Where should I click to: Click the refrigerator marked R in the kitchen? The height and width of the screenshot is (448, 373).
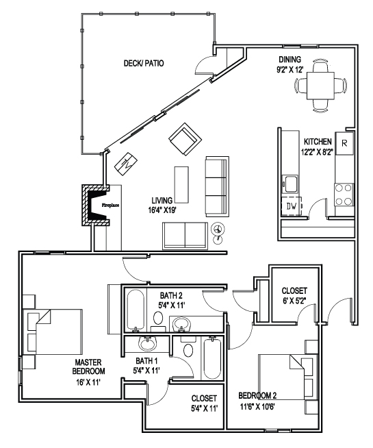coord(344,143)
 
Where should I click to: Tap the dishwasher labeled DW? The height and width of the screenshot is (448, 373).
coord(292,206)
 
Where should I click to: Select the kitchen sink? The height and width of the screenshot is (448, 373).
coord(290,184)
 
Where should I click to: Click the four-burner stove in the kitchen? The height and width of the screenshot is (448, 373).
coord(344,195)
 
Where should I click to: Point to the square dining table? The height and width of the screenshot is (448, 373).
coord(320,86)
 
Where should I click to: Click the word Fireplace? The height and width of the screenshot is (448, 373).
coord(110,205)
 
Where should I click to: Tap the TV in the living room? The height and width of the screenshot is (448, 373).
coord(125,164)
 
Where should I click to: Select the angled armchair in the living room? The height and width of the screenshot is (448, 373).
coord(185,139)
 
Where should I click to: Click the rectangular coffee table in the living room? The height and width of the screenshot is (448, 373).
coord(181,184)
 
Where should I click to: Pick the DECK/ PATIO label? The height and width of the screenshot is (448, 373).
coord(144,63)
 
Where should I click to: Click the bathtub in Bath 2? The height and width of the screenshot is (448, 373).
coord(135,310)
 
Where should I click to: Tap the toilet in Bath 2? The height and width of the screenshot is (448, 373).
coord(158,320)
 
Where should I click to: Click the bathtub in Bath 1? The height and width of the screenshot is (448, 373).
coord(212,358)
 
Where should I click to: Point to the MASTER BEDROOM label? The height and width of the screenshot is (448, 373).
coord(88,367)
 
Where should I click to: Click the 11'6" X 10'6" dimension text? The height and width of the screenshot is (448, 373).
coord(257,407)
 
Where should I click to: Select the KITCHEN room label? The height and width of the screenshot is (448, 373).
coord(318,142)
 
